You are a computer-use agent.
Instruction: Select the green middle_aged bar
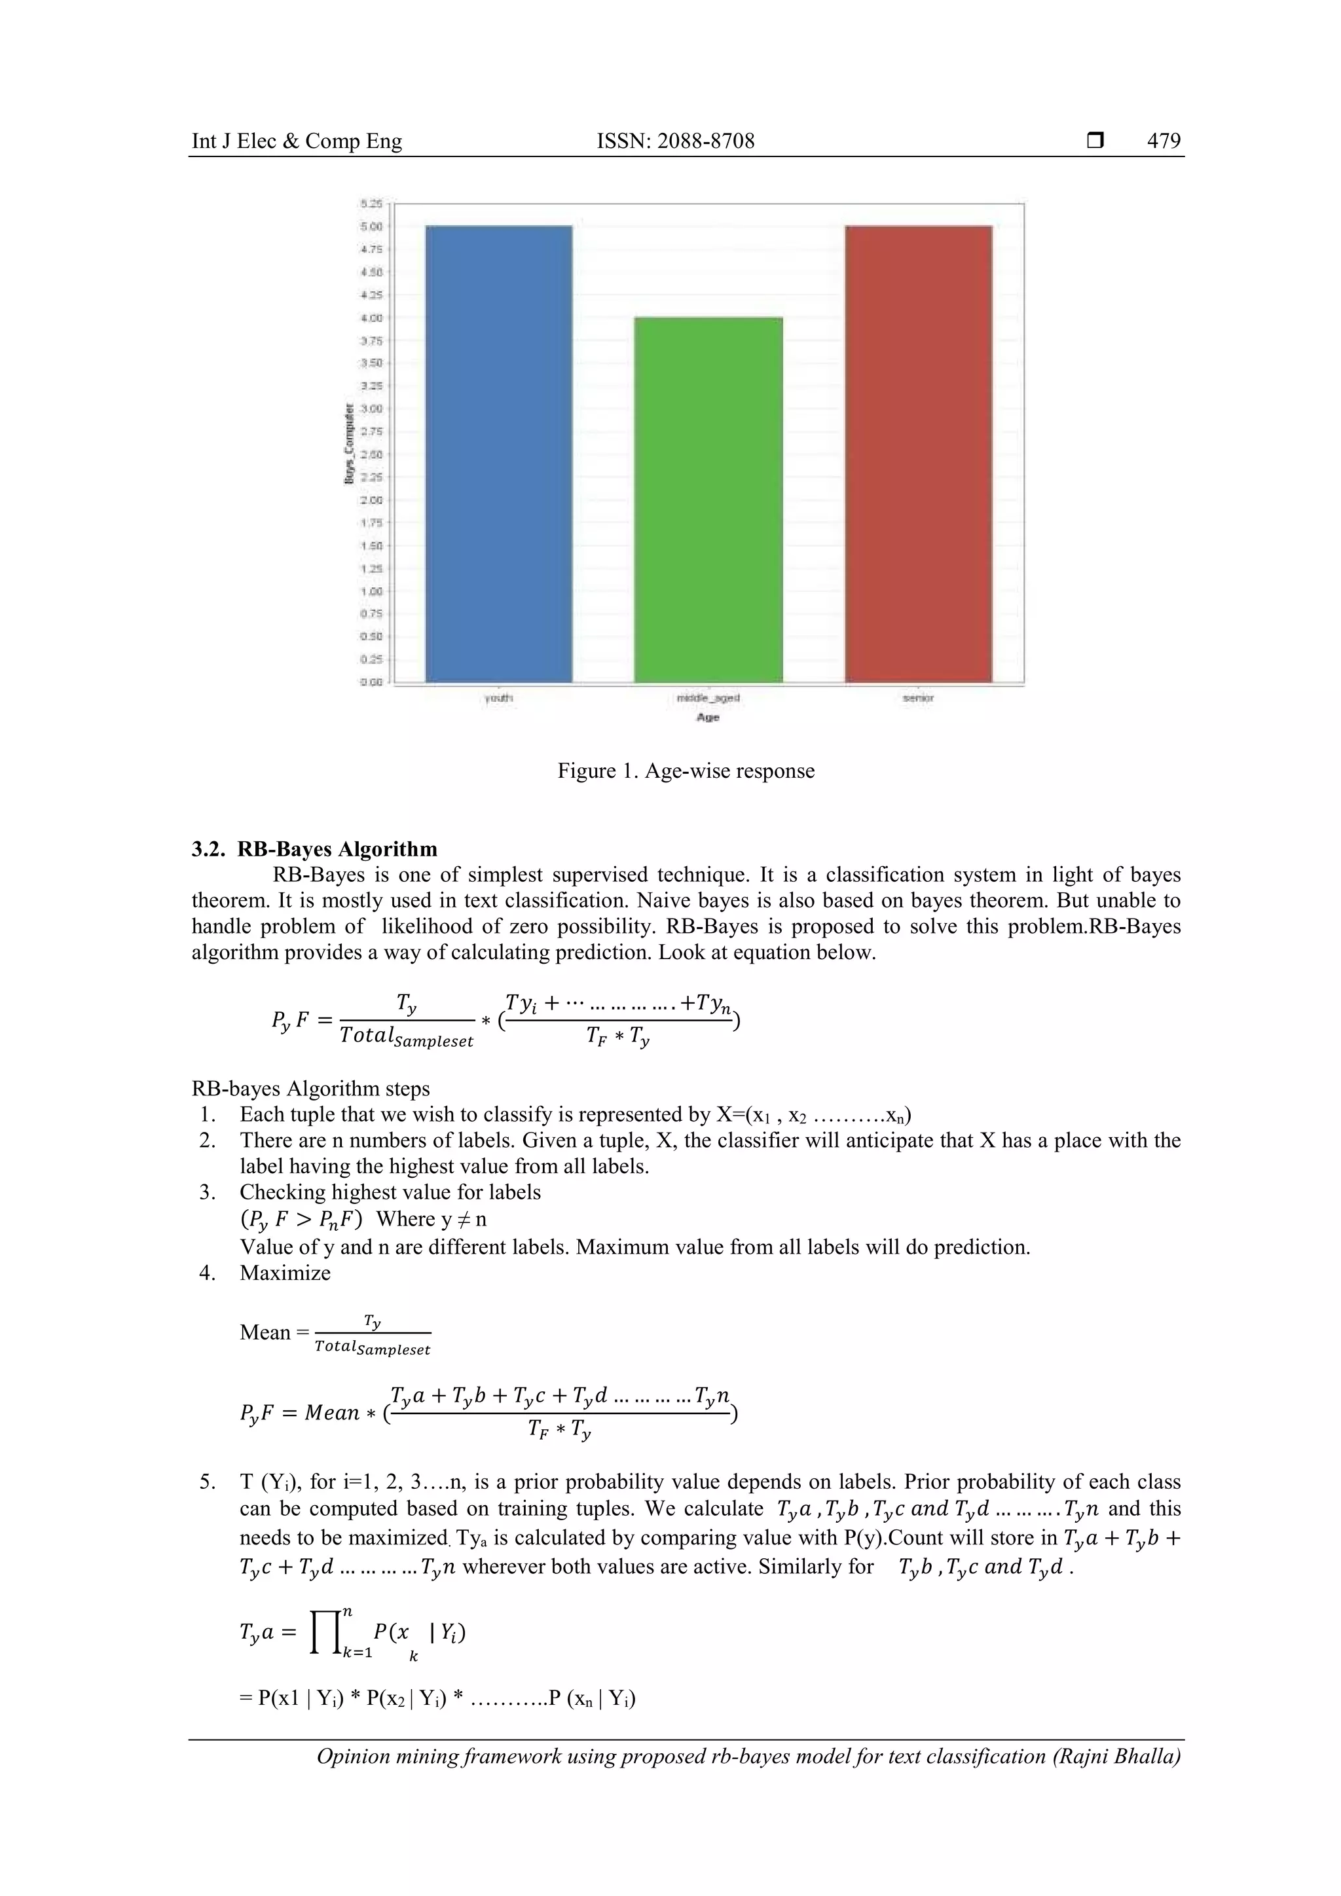708,500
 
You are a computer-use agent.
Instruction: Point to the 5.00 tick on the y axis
371,227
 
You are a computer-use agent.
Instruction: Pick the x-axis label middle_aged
708,698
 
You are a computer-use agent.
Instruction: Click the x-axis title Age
708,718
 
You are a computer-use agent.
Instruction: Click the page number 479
1164,141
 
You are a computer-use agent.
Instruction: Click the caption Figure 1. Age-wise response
686,771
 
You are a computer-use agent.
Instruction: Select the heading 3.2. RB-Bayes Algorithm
314,849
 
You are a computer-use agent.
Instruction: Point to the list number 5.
208,1482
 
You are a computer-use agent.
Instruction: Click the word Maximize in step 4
285,1273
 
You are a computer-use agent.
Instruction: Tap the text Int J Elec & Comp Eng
297,141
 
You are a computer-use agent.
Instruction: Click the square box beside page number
1095,141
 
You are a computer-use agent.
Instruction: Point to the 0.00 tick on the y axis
371,682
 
